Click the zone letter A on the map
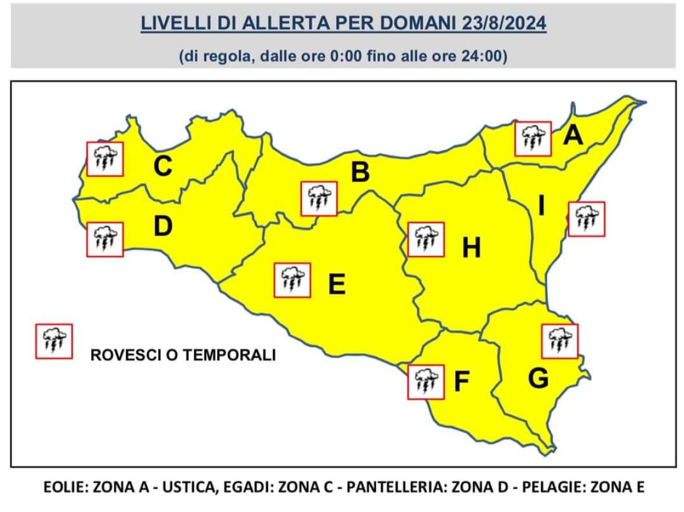pos(573,136)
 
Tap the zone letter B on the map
pos(360,172)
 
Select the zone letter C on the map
pos(163,166)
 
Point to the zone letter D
pos(163,227)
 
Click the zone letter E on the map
pos(337,284)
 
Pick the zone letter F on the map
pos(461,382)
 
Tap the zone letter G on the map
pos(538,378)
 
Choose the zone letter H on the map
pos(471,248)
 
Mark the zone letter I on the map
pos(542,207)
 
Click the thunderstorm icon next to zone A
pos(533,138)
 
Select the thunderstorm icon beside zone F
pos(426,382)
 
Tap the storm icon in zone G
pos(560,341)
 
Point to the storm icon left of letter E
pos(292,280)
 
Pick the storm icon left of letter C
pos(105,159)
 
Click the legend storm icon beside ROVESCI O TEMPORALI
pos(54,341)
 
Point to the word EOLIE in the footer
pos(64,488)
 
